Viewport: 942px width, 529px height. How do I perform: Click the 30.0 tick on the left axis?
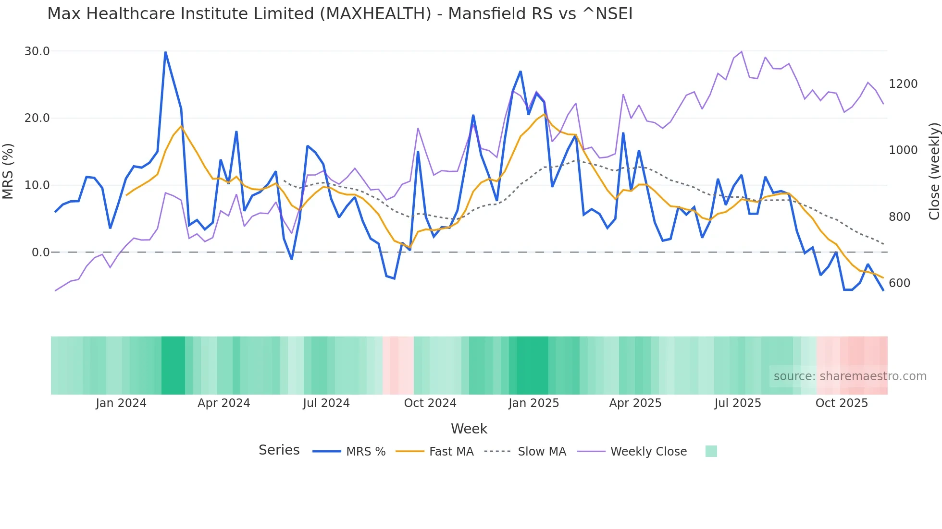click(x=37, y=51)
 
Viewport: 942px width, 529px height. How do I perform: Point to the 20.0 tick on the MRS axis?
click(x=37, y=118)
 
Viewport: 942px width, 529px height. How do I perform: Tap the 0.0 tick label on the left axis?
click(x=40, y=252)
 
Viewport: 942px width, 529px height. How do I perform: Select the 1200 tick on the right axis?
click(x=903, y=84)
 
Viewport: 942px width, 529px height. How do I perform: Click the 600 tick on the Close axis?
click(x=899, y=283)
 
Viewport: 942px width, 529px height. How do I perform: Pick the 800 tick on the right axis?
click(x=899, y=217)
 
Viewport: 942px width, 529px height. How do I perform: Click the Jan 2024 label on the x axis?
click(x=121, y=403)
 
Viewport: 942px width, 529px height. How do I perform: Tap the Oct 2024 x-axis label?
click(x=430, y=403)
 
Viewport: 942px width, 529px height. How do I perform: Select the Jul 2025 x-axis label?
click(x=738, y=403)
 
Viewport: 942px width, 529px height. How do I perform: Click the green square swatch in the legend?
click(x=711, y=451)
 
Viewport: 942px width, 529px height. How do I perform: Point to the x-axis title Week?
click(x=469, y=429)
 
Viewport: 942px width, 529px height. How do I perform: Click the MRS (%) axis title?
click(x=8, y=171)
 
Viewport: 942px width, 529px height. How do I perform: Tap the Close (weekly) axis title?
click(x=934, y=171)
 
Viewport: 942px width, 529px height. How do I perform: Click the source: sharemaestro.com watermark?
click(x=850, y=376)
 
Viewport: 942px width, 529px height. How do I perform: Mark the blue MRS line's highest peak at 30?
click(x=165, y=52)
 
